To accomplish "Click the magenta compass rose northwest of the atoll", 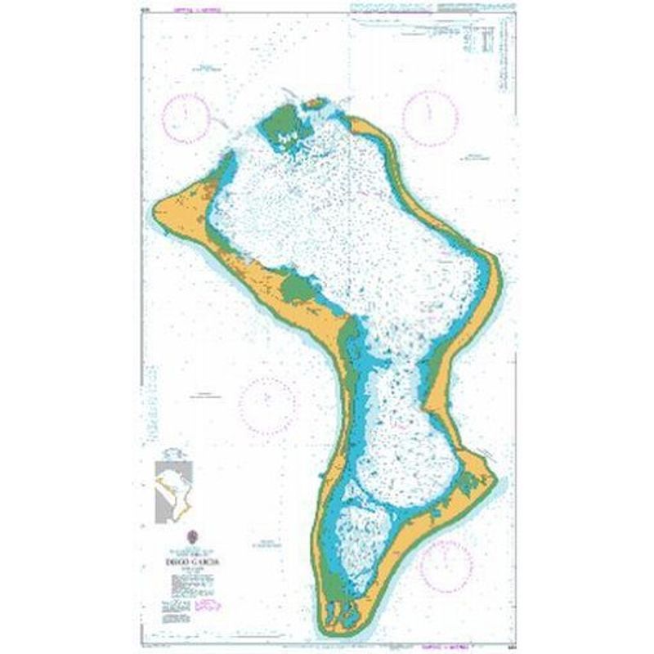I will tap(186, 115).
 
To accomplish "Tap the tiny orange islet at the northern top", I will tap(313, 104).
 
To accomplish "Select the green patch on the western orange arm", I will tap(296, 287).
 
